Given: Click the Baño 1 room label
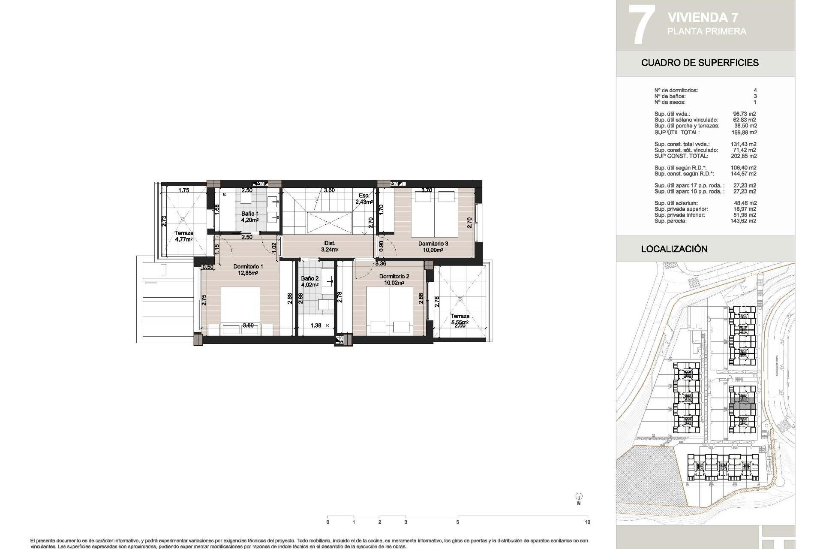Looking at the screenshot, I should coord(250,214).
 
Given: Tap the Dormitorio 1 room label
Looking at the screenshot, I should coord(248,266).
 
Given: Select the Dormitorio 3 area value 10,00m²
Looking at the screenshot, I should coord(433,250).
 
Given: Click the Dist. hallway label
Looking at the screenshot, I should coord(330,243).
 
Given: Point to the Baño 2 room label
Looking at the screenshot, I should coord(309,278).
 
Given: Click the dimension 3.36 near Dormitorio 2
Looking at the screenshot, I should coord(381,263).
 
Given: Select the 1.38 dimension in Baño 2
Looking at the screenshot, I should coord(315,326).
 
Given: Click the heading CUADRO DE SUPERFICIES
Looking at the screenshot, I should coord(700,63).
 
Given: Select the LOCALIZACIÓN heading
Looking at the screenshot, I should coord(674,249).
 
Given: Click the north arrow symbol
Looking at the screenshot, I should coord(579,497).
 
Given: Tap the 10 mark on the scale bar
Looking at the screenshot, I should coord(587,522).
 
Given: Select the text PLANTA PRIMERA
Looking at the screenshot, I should coord(706,31).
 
